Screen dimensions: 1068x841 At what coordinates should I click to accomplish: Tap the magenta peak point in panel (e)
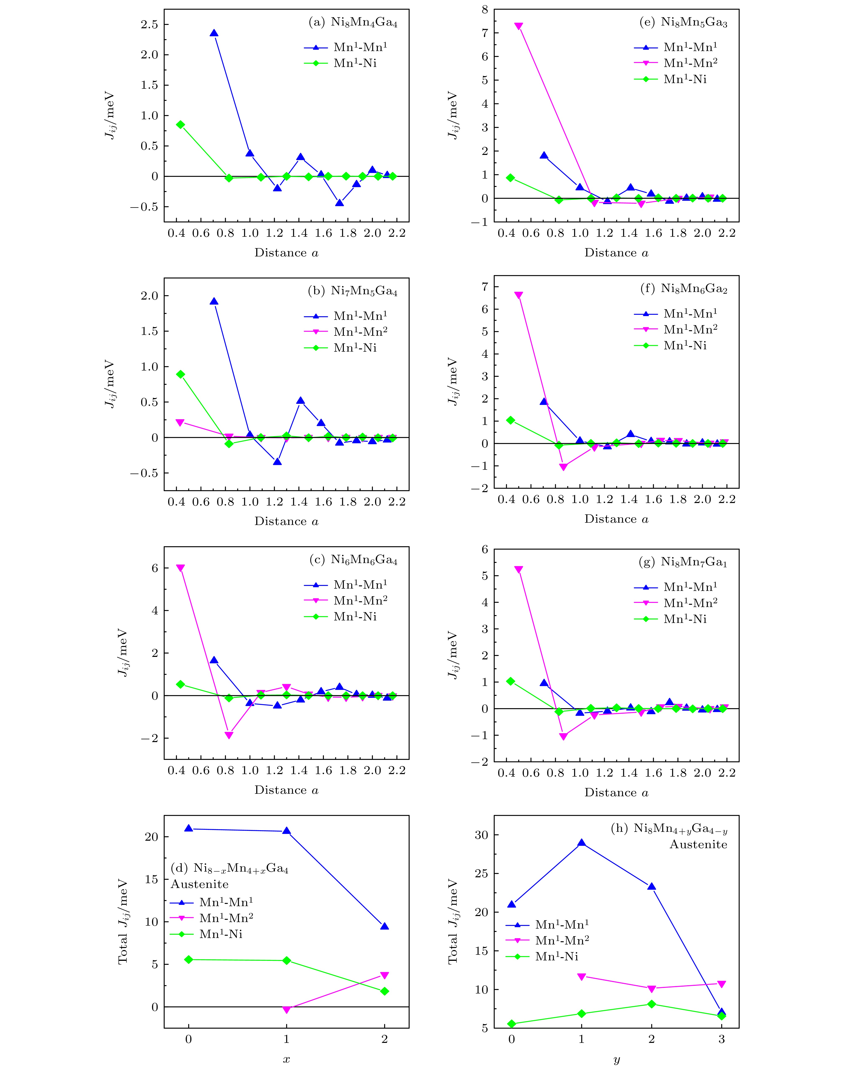pos(519,26)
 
